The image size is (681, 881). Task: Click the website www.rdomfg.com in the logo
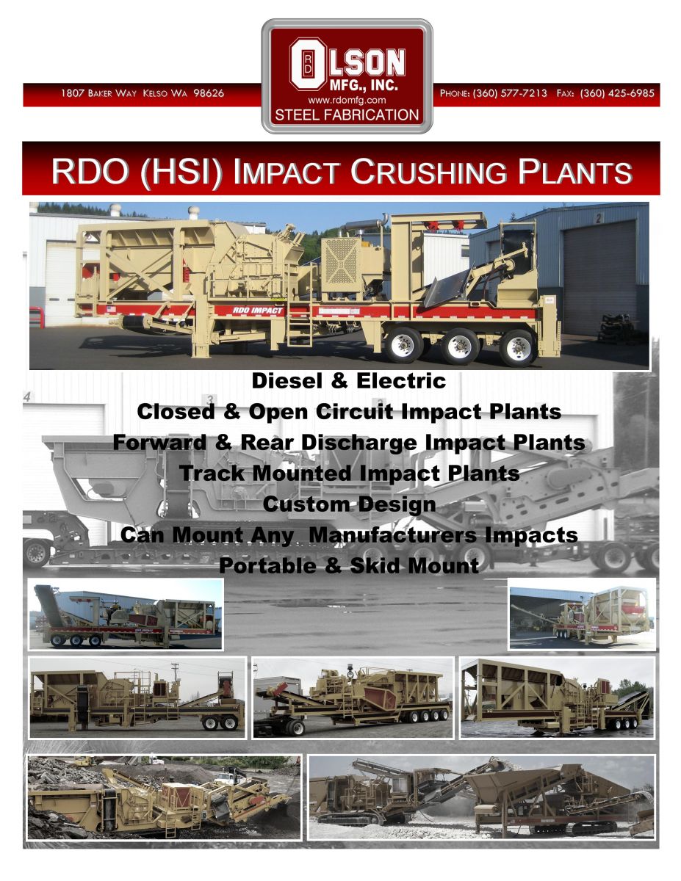coord(347,100)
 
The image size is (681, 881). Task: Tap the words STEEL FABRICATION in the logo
coord(347,115)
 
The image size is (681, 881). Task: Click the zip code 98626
coord(209,93)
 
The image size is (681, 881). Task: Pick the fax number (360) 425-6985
coord(617,93)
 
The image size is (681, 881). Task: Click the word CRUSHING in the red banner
coord(429,172)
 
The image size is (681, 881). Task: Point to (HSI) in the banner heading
coord(181,172)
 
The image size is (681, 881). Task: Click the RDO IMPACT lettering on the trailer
coord(258,311)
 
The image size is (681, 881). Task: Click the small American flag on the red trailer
coord(110,309)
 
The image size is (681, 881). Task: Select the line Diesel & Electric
coord(349,381)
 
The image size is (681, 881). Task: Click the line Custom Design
coord(349,504)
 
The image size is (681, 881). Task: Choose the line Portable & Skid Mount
coord(349,565)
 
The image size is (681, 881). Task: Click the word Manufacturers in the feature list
coord(392,534)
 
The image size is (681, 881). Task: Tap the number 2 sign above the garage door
coord(598,219)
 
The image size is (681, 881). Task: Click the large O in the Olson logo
coord(308,64)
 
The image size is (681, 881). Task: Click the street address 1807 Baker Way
coord(98,93)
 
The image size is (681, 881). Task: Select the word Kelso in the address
coord(154,93)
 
